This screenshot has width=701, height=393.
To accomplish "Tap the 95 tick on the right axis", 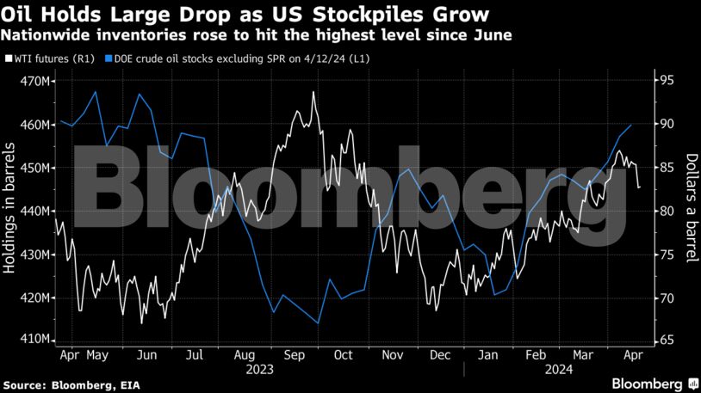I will point(663,82).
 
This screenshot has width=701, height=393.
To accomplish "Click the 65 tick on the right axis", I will point(663,341).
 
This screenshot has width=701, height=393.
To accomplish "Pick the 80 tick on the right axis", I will point(663,211).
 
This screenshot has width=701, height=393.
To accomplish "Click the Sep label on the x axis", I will point(295,354).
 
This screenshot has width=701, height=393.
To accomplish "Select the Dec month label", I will point(440,354).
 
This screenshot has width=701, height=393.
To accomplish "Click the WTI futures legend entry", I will point(50,59).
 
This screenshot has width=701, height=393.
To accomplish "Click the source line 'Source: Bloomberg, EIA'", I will point(64,384).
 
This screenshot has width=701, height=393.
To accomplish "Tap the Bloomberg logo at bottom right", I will point(648,383).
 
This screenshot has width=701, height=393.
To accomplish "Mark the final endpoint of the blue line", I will point(631,126).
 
